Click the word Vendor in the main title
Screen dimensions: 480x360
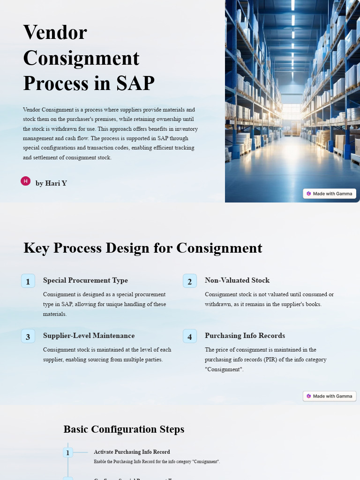55,32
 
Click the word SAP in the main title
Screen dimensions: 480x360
133,83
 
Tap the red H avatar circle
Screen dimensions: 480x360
25,181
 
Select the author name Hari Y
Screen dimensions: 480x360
51,183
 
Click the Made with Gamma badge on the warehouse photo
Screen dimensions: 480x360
330,194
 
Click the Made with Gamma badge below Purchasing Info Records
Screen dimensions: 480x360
330,396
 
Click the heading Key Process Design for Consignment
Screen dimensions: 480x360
142,248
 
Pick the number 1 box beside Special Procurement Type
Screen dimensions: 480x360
28,281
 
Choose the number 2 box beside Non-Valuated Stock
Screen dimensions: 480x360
190,281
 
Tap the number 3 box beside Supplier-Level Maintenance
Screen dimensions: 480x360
28,337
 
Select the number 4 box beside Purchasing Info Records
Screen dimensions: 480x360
190,337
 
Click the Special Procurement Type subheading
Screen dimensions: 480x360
85,280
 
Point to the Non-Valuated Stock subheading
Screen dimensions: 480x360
237,280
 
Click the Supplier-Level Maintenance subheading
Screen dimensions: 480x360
89,336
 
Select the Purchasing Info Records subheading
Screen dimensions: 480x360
245,336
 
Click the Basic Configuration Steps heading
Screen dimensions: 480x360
124,429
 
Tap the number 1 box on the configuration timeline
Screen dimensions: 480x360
68,452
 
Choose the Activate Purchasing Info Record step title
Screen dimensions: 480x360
132,452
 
